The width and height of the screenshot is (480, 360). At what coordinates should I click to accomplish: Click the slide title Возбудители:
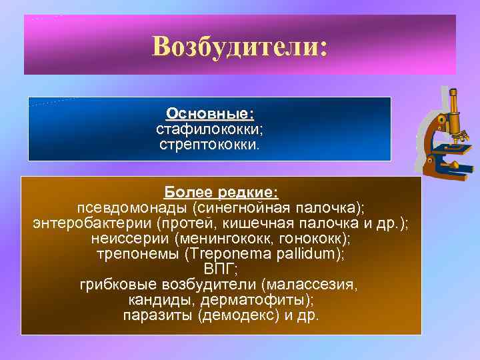(239, 47)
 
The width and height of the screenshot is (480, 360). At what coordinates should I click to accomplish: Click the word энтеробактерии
(83, 223)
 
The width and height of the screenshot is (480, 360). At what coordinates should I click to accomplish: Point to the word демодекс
(239, 315)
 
